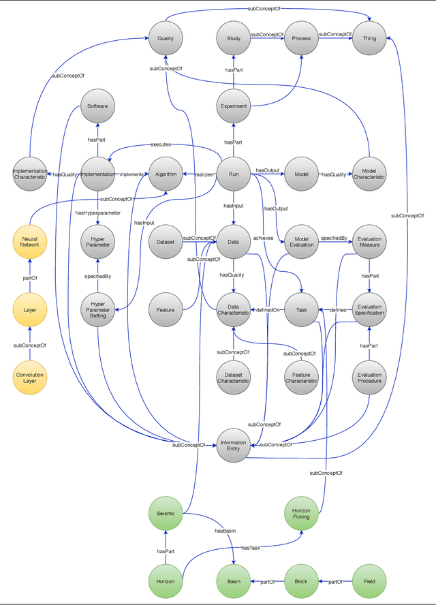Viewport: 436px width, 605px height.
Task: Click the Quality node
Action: pos(166,38)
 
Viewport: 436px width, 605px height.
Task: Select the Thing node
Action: pos(369,38)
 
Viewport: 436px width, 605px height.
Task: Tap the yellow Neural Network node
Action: pos(29,242)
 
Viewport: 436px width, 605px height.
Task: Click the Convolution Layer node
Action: pos(29,377)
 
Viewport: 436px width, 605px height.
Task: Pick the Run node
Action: pos(234,174)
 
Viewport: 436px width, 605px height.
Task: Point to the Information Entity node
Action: pos(234,446)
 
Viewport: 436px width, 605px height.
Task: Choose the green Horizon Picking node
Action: pos(301,514)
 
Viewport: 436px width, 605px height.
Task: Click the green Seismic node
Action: pos(166,514)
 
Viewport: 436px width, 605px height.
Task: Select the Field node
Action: pos(369,581)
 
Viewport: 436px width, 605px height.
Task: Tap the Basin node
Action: pos(234,581)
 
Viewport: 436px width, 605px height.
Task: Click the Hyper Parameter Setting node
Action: pos(97,310)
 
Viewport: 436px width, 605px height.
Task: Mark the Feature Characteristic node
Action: pos(301,377)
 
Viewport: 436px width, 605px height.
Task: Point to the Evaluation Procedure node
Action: pos(369,377)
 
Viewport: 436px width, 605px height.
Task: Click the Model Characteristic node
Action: pos(369,174)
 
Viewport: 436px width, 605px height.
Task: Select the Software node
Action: pos(97,106)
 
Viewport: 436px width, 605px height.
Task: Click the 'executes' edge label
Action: pos(161,144)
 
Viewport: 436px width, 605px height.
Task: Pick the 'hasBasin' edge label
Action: pos(225,531)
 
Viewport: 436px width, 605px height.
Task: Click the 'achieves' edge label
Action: pos(264,238)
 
